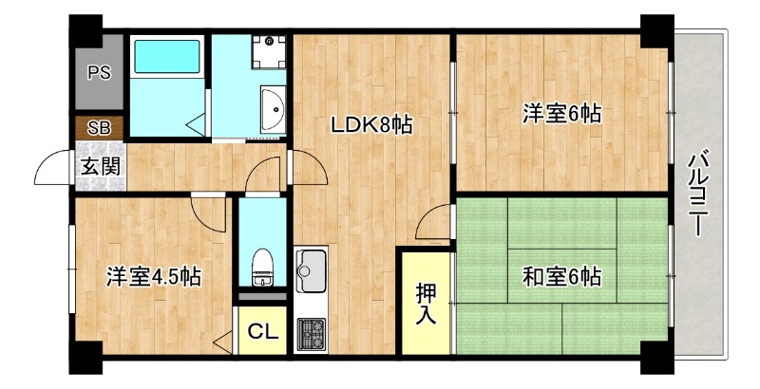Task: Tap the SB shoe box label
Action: point(99,127)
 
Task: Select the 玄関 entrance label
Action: point(99,166)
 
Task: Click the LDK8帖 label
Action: point(370,125)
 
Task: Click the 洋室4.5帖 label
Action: point(152,277)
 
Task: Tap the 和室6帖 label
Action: point(560,277)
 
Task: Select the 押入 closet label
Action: point(427,304)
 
